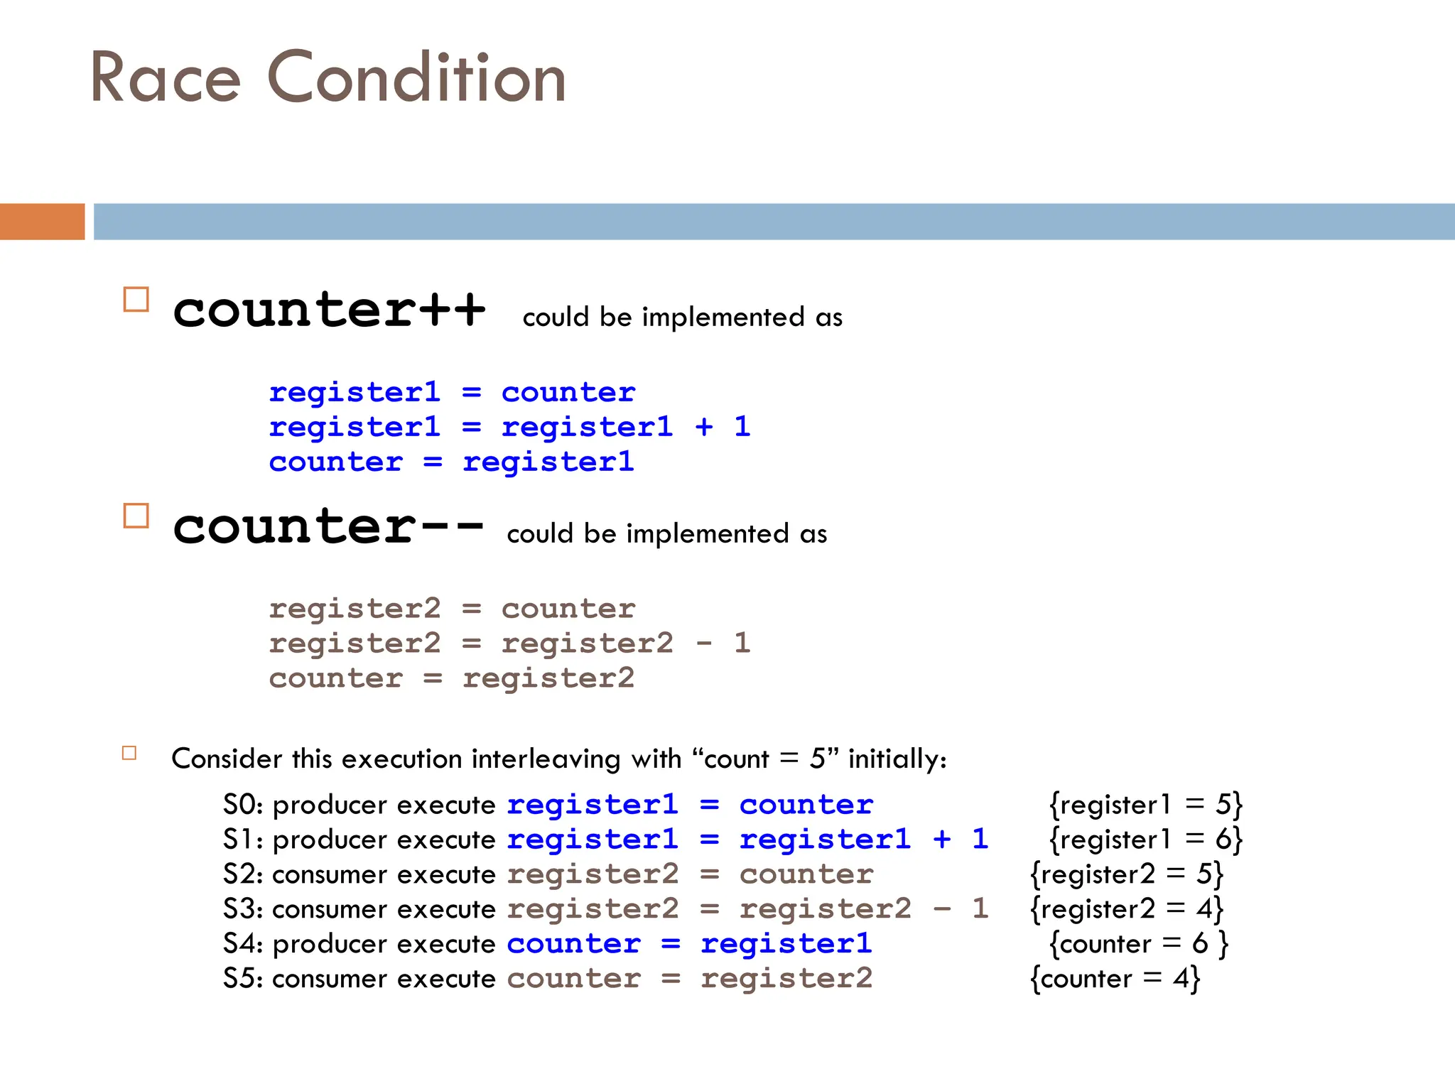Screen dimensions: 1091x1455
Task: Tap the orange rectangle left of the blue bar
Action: click(42, 222)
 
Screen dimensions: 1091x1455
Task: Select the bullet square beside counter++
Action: click(136, 300)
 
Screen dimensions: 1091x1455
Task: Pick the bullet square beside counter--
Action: click(136, 516)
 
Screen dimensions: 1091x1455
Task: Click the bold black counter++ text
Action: click(329, 310)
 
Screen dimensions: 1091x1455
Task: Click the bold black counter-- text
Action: click(328, 527)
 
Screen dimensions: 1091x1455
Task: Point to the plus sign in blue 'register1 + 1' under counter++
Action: click(703, 427)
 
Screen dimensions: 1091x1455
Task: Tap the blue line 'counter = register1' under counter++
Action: click(451, 462)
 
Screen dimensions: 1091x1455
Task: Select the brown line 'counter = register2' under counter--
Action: click(451, 678)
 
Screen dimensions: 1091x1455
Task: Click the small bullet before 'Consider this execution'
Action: click(129, 753)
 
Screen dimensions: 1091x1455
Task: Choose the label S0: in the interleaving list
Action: click(243, 805)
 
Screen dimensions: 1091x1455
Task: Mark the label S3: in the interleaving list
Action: click(243, 909)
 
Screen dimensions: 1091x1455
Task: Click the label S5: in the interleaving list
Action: click(243, 979)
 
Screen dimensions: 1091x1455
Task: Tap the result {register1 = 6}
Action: click(1145, 840)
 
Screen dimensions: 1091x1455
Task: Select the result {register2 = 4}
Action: click(1127, 909)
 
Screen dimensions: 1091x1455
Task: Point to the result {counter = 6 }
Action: click(1138, 944)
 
